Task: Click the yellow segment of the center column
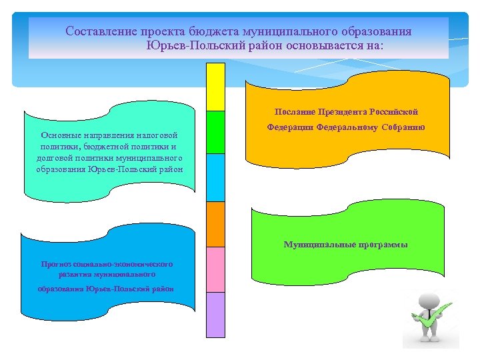pos(215,87)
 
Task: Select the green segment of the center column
pos(215,132)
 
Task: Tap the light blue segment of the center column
pos(215,177)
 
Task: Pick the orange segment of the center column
pos(215,224)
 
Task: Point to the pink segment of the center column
pos(215,269)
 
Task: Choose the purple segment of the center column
pos(215,315)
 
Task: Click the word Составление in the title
pos(101,31)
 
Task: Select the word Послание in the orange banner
pos(293,112)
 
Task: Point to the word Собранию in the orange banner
pos(403,127)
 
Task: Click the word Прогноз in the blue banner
pos(56,264)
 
